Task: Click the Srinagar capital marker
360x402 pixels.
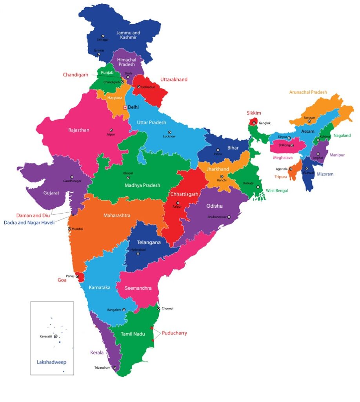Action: (103, 36)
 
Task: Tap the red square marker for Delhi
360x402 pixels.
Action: (125, 107)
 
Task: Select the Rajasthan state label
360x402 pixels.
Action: (79, 130)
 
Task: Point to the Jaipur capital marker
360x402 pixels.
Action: (111, 130)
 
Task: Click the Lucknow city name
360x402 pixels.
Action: (169, 137)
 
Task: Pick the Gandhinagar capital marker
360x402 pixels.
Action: (72, 177)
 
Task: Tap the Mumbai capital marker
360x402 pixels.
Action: (70, 228)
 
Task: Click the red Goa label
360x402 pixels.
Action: (62, 280)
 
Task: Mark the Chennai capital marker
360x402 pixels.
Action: (158, 309)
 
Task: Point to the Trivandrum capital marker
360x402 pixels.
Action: (115, 368)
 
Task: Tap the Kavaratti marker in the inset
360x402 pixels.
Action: (56, 336)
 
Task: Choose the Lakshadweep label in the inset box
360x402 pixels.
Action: (51, 362)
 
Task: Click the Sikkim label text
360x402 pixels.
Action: (254, 113)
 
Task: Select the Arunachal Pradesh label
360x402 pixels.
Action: (308, 92)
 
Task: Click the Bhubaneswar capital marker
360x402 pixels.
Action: (229, 217)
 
